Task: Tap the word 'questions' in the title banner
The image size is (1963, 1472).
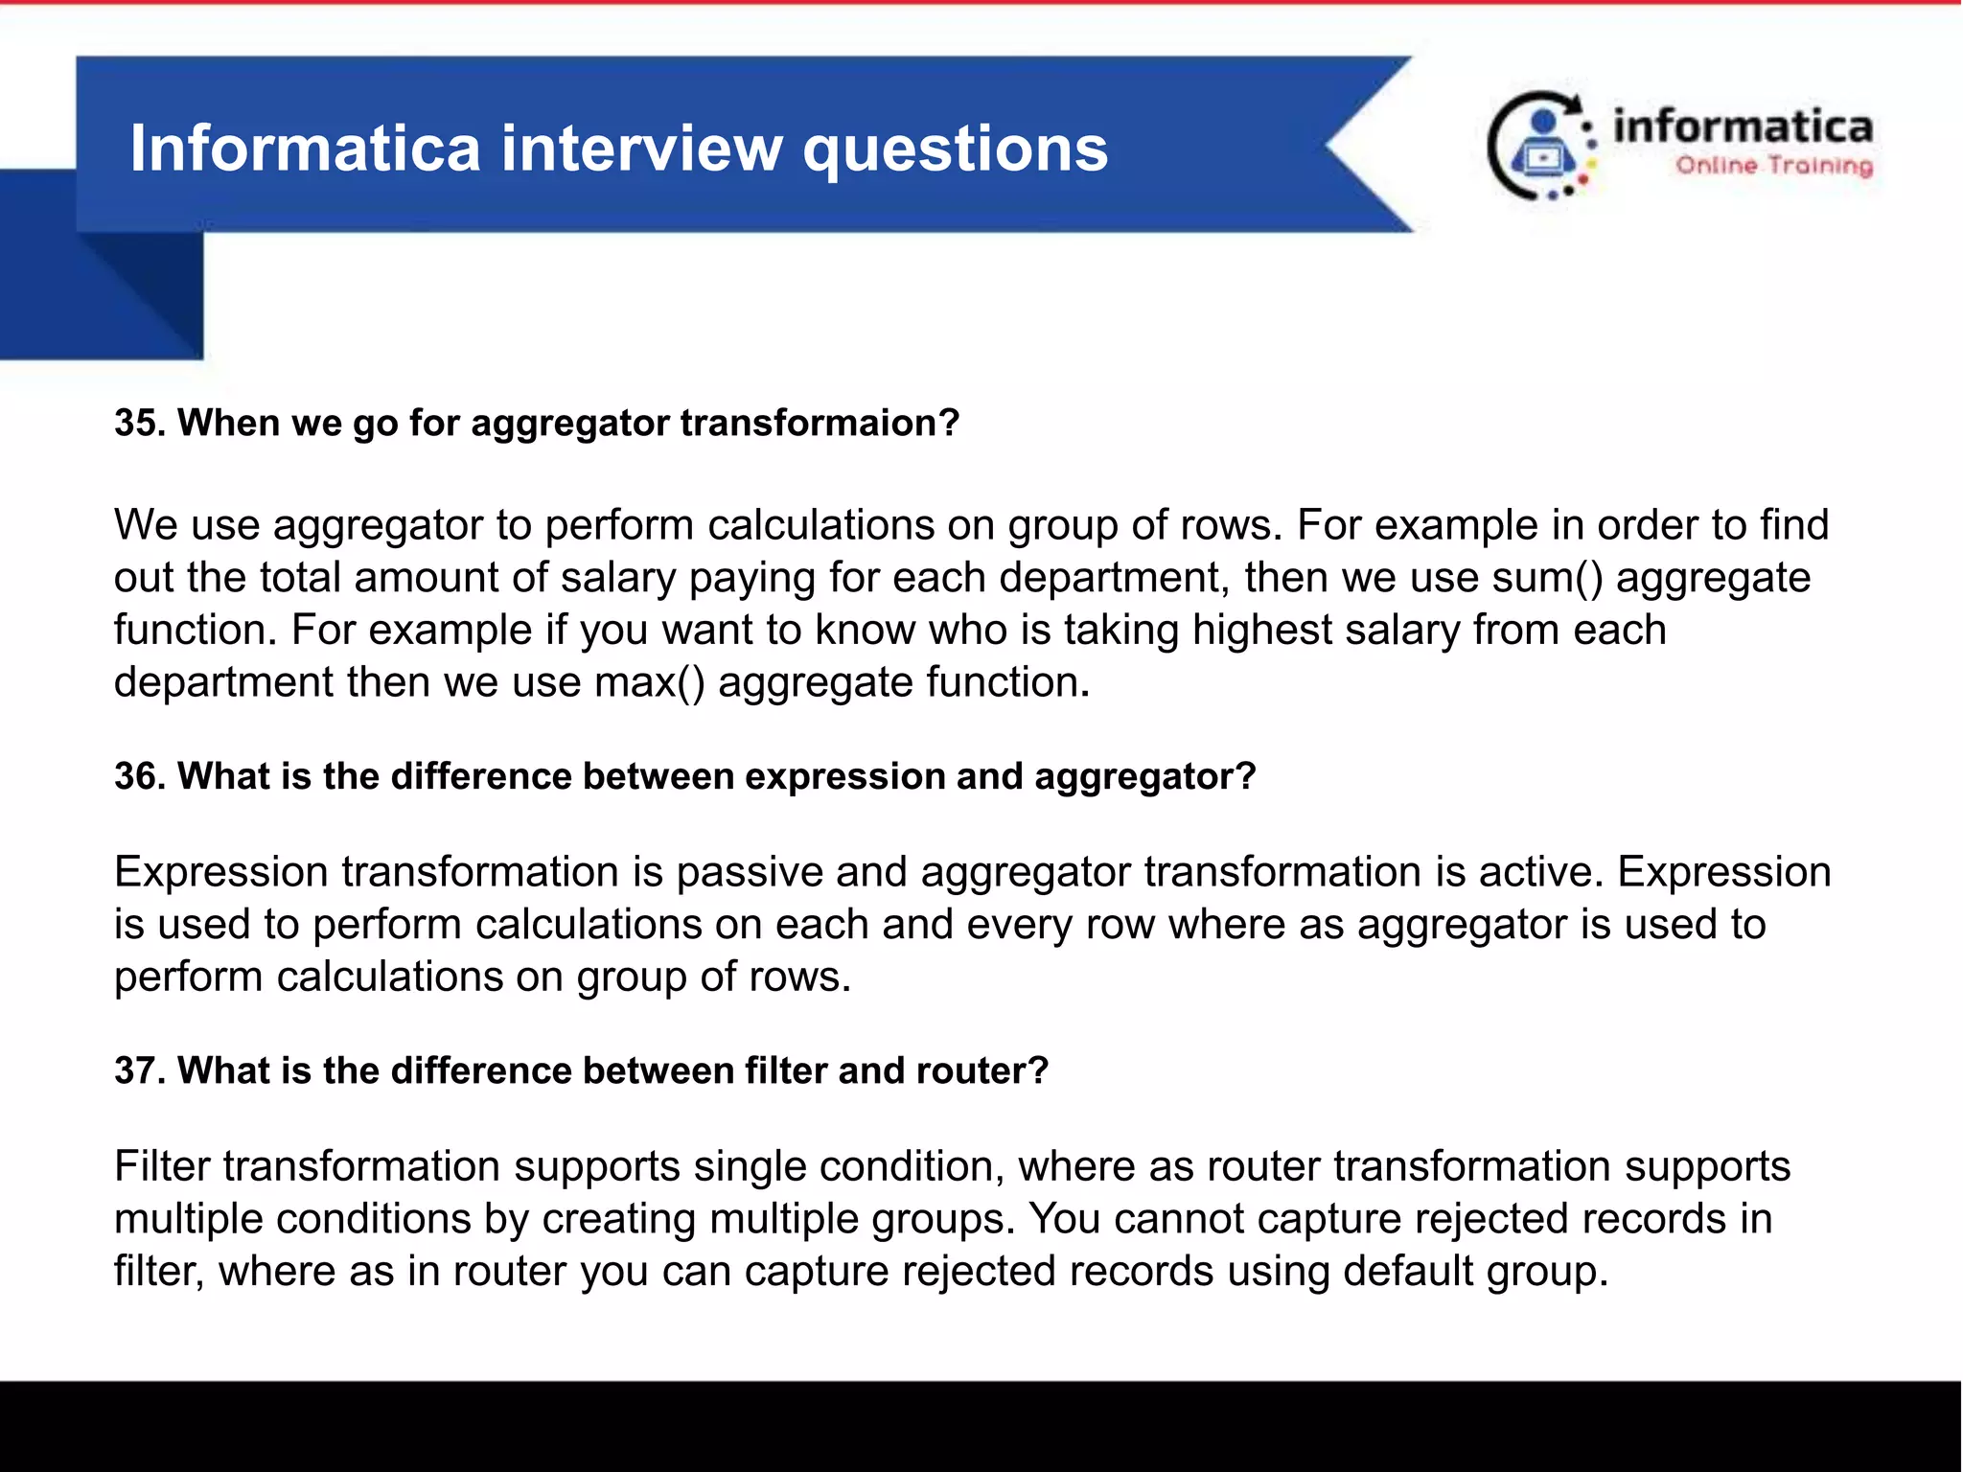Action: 955,151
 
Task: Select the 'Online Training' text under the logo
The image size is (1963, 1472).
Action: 1773,166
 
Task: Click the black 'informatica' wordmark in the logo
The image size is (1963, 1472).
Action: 1742,126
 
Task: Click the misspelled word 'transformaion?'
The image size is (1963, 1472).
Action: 820,423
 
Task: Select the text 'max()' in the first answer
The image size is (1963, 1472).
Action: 649,682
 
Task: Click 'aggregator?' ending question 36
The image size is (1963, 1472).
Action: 1144,777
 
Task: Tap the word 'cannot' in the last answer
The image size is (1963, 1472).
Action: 1178,1219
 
